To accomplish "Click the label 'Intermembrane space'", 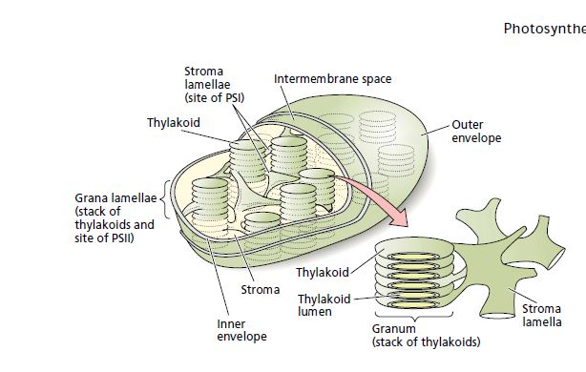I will coord(332,77).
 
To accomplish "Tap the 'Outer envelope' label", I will coord(474,132).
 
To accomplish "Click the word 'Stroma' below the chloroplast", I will coord(261,289).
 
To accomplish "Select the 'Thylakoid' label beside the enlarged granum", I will coord(322,273).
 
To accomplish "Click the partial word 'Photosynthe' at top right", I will coord(543,28).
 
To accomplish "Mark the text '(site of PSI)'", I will coord(215,97).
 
